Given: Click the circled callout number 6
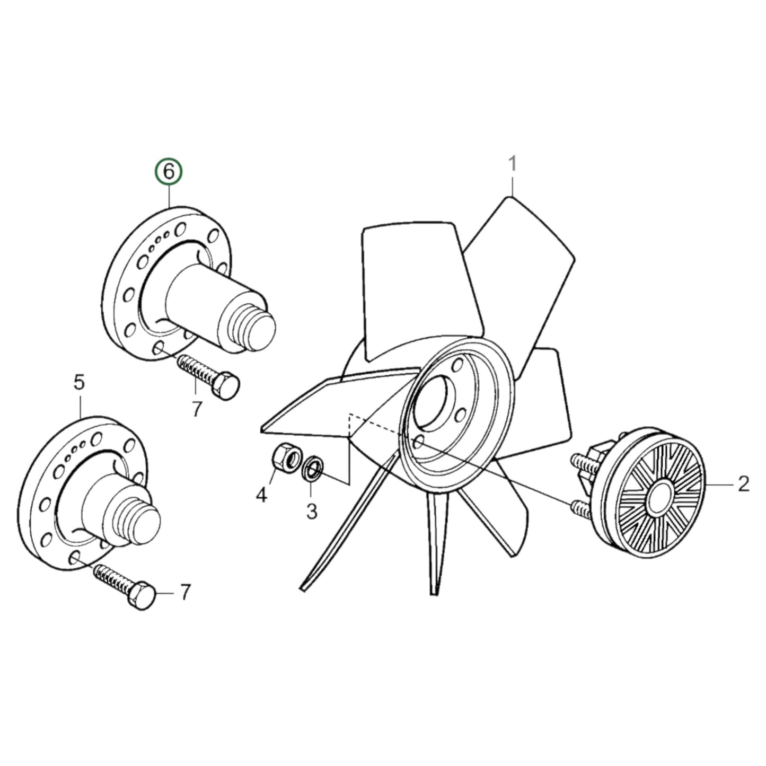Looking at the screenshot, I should click(168, 172).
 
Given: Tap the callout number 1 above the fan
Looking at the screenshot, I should click(512, 165).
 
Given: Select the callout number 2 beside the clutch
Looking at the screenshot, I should click(743, 483).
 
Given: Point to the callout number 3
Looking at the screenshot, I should click(312, 512).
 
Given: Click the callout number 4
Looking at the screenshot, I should click(261, 496).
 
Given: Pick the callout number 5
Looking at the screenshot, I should click(79, 383).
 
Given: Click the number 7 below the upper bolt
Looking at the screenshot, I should click(197, 409).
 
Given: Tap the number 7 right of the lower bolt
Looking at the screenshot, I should click(185, 593).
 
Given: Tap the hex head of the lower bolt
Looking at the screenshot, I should click(142, 596).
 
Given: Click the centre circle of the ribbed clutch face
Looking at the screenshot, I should click(659, 497).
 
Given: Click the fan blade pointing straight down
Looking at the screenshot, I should click(436, 546).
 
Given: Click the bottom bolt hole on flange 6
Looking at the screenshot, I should click(157, 348).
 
